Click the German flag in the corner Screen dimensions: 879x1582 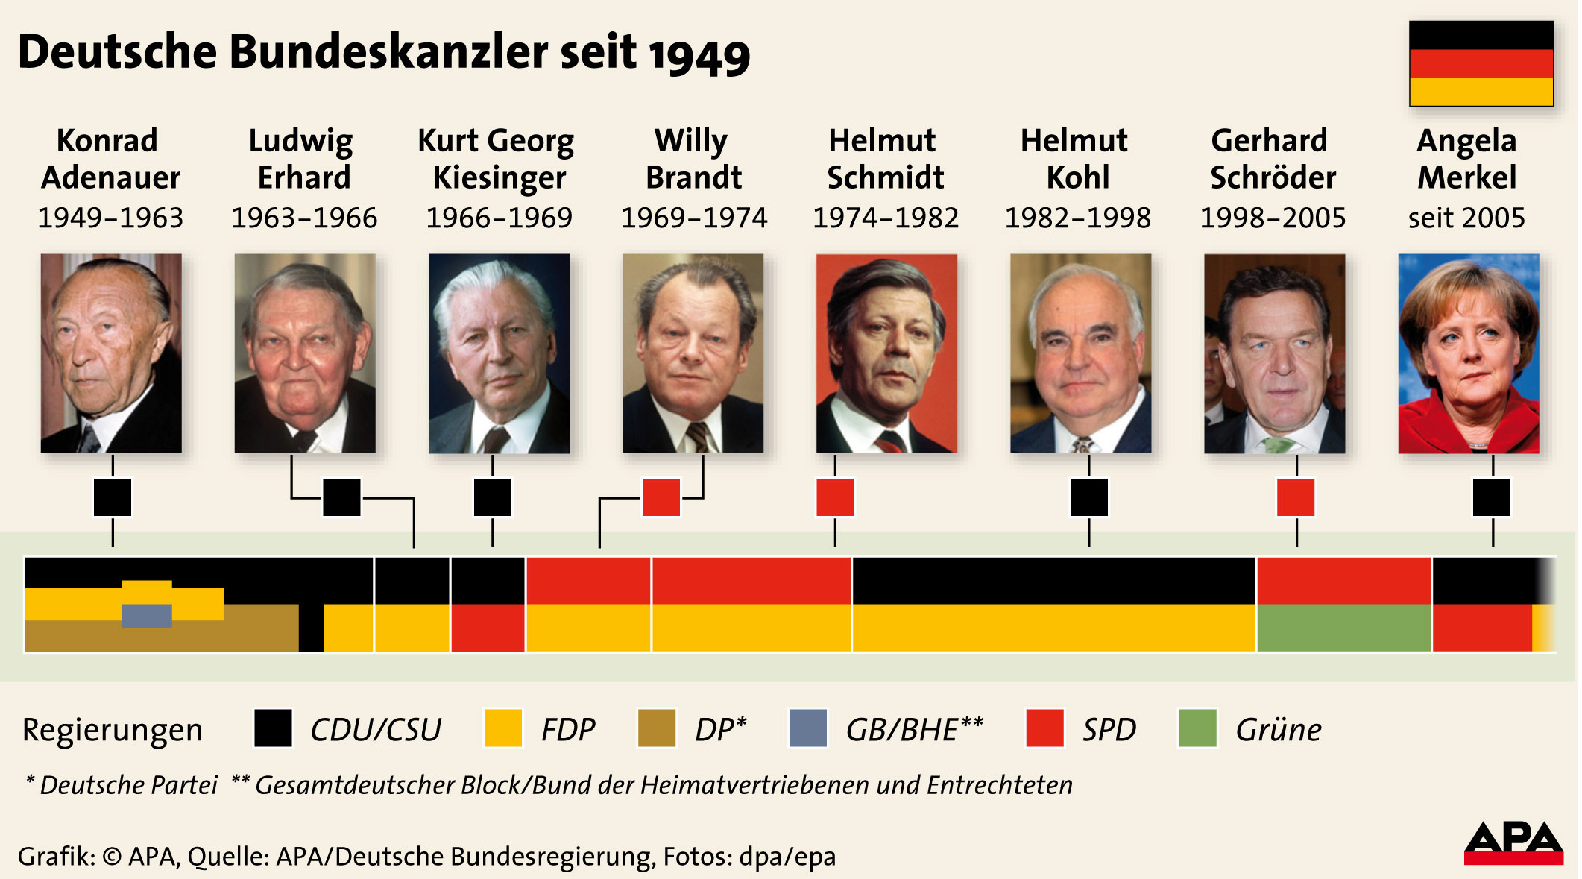point(1481,63)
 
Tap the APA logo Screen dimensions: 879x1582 point(1513,843)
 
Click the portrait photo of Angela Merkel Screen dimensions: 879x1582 point(1467,353)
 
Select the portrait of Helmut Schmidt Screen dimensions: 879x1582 point(886,353)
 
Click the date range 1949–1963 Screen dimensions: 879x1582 point(110,218)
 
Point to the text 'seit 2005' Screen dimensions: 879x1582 point(1466,218)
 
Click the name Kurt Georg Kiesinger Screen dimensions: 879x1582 point(497,159)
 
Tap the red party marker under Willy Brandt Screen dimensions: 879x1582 point(661,497)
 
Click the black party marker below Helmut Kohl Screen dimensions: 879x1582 point(1088,497)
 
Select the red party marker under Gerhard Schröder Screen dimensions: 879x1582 point(1296,497)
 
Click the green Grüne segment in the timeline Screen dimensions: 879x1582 point(1343,628)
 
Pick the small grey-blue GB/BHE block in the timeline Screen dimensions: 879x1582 point(147,616)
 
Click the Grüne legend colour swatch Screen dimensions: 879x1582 point(1197,728)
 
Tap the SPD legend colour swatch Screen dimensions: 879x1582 point(1044,728)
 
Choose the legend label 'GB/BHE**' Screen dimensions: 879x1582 point(914,729)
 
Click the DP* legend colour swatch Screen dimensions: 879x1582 point(656,728)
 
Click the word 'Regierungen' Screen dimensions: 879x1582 point(113,730)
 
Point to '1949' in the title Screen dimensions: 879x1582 point(699,55)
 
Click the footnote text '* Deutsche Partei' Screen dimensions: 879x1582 point(122,785)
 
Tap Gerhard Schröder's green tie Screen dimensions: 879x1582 point(1277,446)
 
